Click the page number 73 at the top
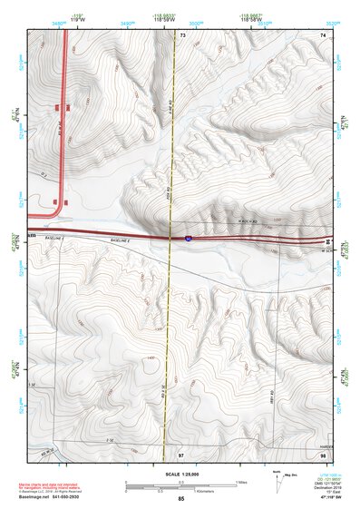point(181,34)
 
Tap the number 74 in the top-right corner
point(322,34)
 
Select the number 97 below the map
point(181,453)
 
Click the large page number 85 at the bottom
point(181,499)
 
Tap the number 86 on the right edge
point(327,240)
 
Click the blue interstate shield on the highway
point(188,237)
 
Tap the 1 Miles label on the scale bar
point(240,481)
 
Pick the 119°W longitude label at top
point(64,18)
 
